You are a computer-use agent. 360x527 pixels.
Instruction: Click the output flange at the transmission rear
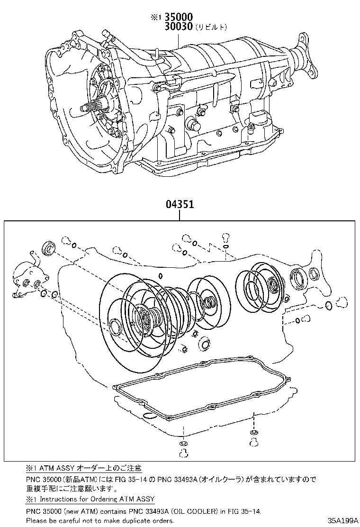[305, 57]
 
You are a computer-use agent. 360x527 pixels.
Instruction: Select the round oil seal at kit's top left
[49, 248]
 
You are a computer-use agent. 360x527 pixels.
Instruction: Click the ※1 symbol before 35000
[156, 18]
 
